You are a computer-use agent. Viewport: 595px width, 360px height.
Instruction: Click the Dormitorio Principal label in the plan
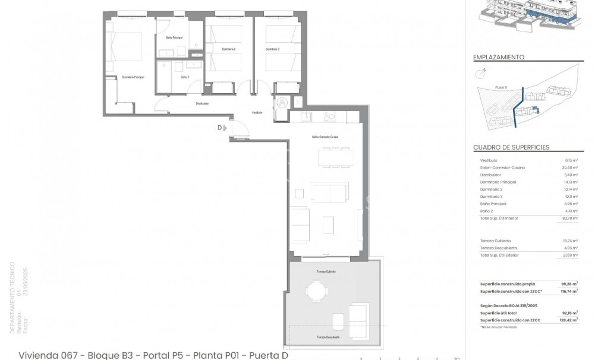point(134,77)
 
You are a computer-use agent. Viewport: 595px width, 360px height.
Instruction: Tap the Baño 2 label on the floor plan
point(185,77)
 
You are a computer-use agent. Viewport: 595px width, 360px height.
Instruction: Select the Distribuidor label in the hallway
point(202,103)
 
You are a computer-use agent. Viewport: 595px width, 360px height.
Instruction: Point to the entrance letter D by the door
point(219,127)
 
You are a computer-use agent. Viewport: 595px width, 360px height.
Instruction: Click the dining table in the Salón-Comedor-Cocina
point(335,157)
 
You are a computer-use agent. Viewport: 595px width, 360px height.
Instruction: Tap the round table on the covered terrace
point(316,291)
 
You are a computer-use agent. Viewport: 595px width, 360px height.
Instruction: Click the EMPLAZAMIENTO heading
point(499,58)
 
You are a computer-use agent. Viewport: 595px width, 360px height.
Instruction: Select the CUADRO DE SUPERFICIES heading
point(511,147)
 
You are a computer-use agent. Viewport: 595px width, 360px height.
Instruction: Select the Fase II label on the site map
point(501,87)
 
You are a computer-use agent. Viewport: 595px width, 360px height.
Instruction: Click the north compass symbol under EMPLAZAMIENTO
point(481,73)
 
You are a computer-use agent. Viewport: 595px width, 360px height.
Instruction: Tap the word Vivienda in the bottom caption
point(39,355)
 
